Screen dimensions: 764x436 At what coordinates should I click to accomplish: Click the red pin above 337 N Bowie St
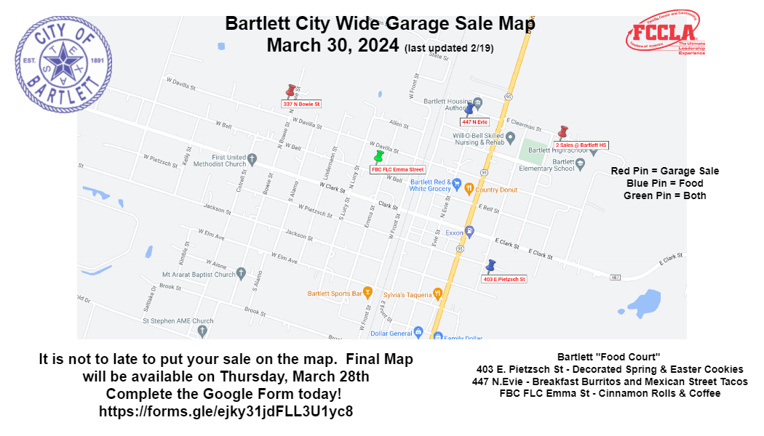291,91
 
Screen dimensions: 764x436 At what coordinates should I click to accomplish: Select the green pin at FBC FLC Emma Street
378,156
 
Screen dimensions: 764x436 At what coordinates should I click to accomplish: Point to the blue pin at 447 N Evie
469,110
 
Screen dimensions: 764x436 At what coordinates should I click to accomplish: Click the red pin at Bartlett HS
562,132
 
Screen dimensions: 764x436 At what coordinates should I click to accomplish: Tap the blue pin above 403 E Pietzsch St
490,266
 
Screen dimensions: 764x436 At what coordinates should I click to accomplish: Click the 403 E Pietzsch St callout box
504,279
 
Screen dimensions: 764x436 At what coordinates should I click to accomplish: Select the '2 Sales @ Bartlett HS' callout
581,145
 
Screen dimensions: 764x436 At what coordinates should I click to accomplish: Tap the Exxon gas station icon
470,233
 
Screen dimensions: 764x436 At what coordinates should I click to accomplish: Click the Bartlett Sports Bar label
335,293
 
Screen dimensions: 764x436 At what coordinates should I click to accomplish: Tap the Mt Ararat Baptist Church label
199,275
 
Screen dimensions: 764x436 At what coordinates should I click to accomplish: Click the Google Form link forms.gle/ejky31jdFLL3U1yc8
226,411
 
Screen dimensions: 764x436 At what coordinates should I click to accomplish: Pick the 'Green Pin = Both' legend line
664,195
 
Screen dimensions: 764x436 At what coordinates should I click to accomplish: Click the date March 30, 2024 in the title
333,45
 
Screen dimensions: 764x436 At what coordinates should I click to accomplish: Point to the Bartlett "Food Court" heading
608,358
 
